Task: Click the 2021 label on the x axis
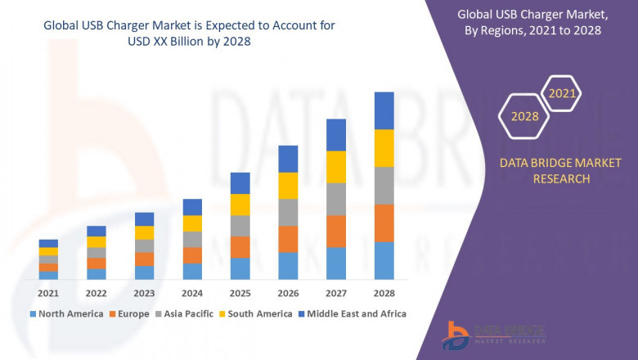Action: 48,293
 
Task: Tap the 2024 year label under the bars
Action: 192,293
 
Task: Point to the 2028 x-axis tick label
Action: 384,293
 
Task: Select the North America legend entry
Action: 66,313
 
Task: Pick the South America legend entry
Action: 257,313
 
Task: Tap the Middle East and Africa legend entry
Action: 355,313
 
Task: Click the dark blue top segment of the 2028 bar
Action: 384,110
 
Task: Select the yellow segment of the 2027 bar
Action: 336,167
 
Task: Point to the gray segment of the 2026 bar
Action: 288,212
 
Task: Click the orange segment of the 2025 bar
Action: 240,247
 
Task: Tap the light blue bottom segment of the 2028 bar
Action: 384,260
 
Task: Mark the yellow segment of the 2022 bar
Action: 97,241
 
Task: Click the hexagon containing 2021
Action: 562,94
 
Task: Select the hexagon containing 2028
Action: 525,116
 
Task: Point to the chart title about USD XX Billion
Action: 178,33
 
